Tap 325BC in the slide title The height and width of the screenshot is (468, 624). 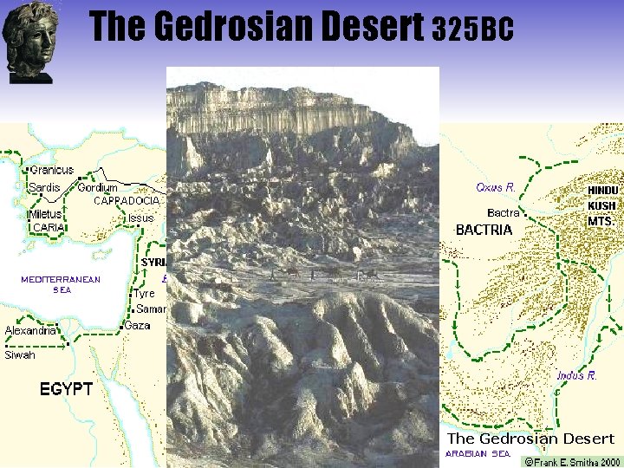click(472, 30)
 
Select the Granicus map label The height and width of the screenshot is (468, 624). click(52, 170)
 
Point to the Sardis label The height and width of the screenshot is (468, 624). click(45, 187)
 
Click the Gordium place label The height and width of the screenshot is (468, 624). click(98, 187)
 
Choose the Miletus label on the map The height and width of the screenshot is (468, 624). click(45, 214)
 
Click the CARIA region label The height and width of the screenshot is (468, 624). click(49, 227)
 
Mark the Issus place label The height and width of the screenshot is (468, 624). click(140, 218)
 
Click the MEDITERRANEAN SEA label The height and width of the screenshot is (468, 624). click(61, 284)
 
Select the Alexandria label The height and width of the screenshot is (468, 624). click(30, 330)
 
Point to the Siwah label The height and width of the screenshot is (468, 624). click(21, 354)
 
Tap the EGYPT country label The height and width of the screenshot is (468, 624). click(66, 388)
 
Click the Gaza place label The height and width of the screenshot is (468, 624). click(137, 326)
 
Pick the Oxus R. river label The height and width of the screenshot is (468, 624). click(496, 186)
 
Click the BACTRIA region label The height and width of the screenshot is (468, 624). click(484, 230)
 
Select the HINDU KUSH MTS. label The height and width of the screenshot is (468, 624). click(603, 205)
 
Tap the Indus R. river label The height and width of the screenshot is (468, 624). click(576, 375)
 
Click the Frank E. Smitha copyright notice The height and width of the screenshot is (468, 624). click(572, 462)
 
